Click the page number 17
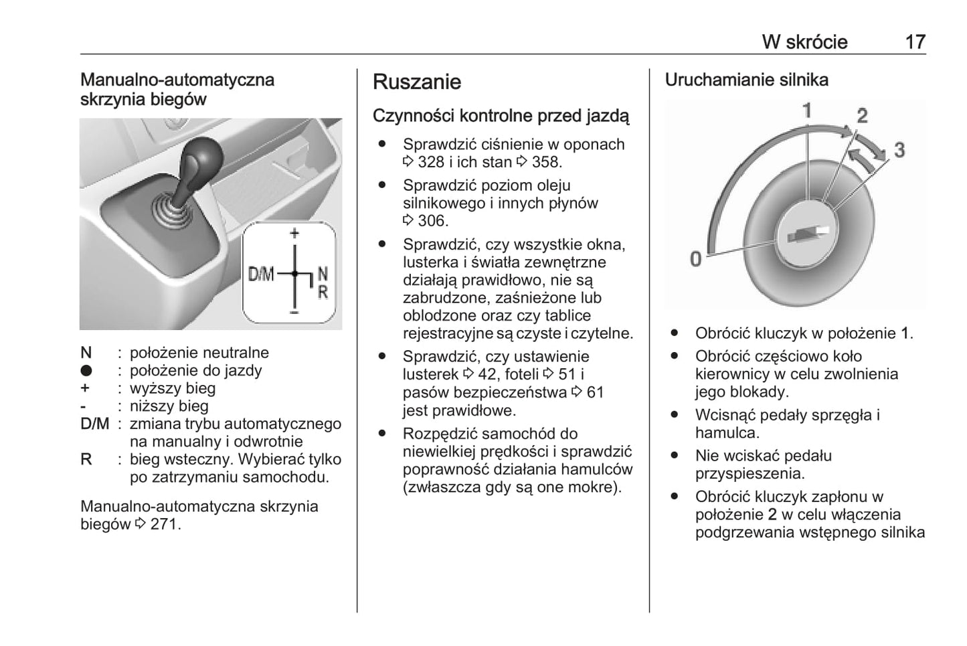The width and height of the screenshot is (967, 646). (915, 42)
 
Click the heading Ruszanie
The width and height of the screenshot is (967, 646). (416, 82)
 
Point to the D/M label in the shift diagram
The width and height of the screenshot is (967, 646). (261, 274)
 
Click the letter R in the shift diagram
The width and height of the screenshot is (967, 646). (323, 293)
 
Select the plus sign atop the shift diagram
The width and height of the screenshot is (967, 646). (294, 234)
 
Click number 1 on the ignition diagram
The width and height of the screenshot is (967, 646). (807, 110)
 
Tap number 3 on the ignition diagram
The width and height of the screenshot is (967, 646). (899, 150)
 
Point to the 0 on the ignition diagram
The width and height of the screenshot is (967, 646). (695, 258)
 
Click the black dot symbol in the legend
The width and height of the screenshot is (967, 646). (86, 371)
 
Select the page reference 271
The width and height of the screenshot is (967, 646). (165, 524)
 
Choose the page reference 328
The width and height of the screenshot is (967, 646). (431, 162)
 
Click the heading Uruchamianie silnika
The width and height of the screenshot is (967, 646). (746, 80)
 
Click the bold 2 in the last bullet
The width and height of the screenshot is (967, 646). (772, 515)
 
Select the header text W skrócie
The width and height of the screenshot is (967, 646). (804, 42)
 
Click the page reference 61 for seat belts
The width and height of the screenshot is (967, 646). (595, 392)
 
